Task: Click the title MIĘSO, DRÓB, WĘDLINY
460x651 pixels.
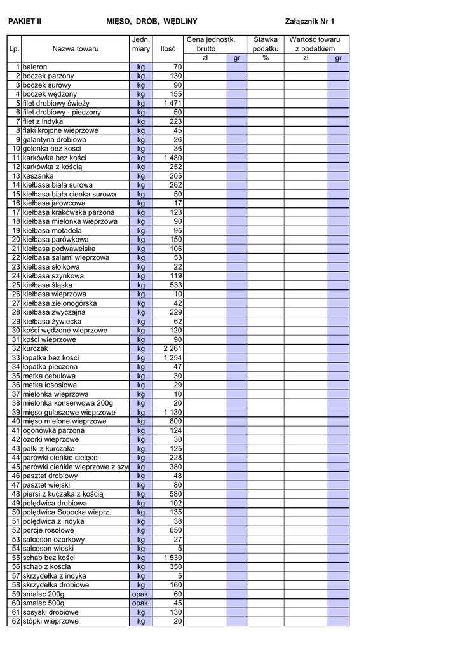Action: coord(152,21)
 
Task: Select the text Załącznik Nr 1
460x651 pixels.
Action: coord(309,21)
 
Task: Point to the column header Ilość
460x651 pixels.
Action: coord(168,48)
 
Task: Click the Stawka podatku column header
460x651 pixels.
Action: coord(266,44)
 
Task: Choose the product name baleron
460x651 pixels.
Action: coord(35,67)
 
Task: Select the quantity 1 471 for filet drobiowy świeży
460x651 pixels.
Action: coord(173,103)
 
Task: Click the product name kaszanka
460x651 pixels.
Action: coord(38,175)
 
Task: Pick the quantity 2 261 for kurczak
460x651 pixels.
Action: coord(173,348)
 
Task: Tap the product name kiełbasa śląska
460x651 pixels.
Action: coord(47,285)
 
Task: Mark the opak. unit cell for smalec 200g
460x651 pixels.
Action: coord(140,594)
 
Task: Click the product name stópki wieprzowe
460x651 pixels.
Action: coord(50,621)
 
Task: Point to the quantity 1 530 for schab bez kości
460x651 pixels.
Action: coord(173,558)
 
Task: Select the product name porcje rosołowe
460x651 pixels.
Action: coord(48,530)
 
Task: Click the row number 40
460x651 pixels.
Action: coord(16,421)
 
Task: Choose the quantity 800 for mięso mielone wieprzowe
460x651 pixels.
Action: coord(175,421)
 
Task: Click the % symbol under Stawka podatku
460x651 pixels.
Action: coord(266,58)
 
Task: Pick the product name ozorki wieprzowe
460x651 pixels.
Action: coord(51,439)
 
